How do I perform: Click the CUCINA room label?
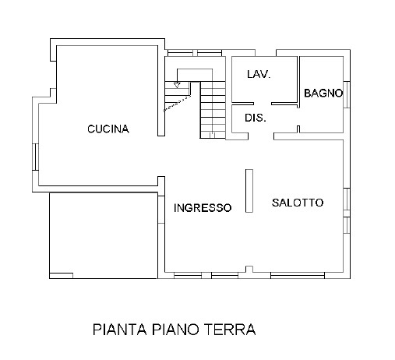[x=108, y=129]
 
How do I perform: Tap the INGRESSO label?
[x=203, y=207]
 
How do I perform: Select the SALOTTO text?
[x=298, y=203]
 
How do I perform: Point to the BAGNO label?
[x=323, y=93]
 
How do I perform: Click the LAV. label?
[x=259, y=74]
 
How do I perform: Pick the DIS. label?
[x=256, y=118]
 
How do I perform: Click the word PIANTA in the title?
[x=120, y=330]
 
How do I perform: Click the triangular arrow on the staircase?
[x=177, y=85]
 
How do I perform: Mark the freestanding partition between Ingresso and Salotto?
[x=249, y=191]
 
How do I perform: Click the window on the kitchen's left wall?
[x=35, y=157]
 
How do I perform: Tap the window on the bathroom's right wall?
[x=347, y=94]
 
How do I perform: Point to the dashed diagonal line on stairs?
[x=177, y=104]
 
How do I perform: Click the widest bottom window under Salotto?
[x=298, y=275]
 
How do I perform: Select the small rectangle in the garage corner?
[x=62, y=276]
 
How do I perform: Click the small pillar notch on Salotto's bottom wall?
[x=249, y=270]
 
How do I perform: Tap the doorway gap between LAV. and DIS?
[x=263, y=104]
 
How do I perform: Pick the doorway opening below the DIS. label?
[x=261, y=136]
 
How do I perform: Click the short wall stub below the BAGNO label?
[x=298, y=129]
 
